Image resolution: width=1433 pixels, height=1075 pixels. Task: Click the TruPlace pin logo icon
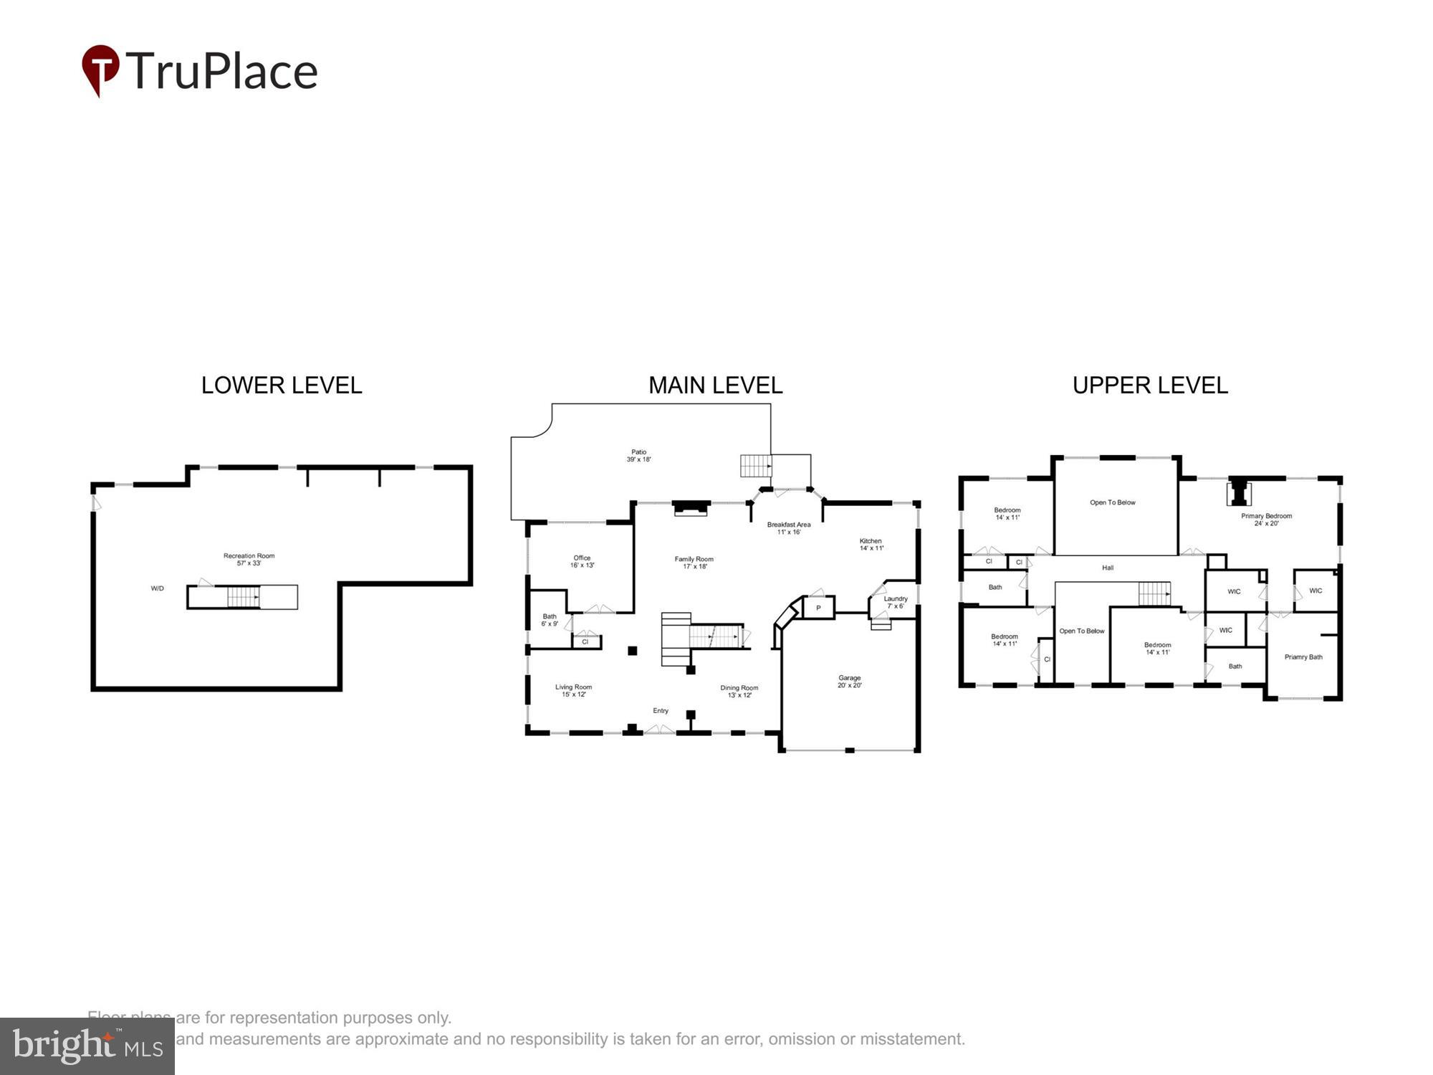(x=100, y=70)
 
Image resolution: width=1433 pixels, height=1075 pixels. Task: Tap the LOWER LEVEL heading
(x=282, y=386)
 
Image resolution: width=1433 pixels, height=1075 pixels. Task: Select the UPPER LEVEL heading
(x=1150, y=386)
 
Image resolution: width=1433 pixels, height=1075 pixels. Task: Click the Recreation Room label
(x=249, y=559)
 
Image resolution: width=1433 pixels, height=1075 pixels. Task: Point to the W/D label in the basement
(x=157, y=588)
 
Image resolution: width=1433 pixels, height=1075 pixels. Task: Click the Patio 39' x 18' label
(x=638, y=456)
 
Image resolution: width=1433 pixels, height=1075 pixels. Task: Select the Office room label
(x=582, y=561)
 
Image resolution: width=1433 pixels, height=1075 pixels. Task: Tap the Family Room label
(x=694, y=563)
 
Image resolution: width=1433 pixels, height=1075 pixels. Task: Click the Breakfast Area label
(x=788, y=528)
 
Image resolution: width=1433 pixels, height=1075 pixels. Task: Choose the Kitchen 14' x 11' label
(x=871, y=545)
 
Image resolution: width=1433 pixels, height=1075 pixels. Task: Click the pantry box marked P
(x=818, y=608)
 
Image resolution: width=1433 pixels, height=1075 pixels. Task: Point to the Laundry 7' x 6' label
(x=895, y=602)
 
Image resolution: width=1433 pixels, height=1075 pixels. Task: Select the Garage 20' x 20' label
(x=849, y=681)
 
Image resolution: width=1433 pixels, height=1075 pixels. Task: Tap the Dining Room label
(x=739, y=691)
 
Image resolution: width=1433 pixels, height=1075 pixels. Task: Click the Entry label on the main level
(x=660, y=711)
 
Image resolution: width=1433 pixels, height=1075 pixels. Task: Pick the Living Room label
(x=573, y=690)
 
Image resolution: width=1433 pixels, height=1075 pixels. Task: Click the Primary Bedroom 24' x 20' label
(x=1266, y=520)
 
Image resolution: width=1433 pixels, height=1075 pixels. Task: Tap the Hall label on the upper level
(x=1107, y=568)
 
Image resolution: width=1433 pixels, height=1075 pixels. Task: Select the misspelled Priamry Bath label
(x=1303, y=656)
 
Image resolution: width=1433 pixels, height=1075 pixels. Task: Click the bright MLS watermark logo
(x=87, y=1047)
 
